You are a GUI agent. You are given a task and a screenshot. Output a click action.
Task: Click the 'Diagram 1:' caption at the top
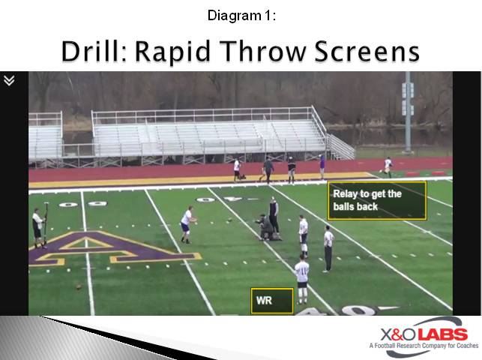pyautogui.click(x=241, y=15)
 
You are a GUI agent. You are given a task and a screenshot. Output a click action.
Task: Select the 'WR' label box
pyautogui.click(x=271, y=301)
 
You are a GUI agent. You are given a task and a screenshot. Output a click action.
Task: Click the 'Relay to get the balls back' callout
pyautogui.click(x=376, y=200)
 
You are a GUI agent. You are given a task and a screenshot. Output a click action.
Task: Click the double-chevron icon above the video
pyautogui.click(x=9, y=80)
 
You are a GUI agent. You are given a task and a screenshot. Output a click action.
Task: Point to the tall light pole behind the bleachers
pyautogui.click(x=408, y=112)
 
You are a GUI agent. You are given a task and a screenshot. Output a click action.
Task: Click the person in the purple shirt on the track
pyautogui.click(x=322, y=166)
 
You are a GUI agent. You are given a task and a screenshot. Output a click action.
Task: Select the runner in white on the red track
pyautogui.click(x=388, y=166)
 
